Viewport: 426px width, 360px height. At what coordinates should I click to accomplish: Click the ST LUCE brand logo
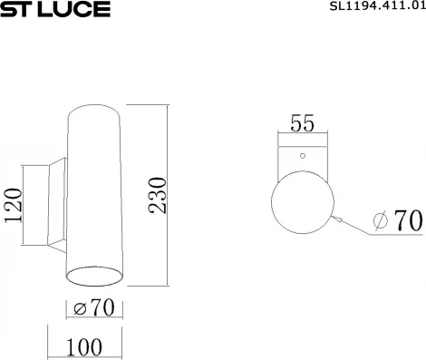click(x=55, y=10)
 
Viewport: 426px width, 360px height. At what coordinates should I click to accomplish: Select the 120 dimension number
click(x=14, y=206)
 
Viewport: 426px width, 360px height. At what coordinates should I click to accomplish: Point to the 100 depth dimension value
click(x=84, y=346)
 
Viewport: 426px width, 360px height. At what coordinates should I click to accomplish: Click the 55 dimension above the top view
click(x=302, y=124)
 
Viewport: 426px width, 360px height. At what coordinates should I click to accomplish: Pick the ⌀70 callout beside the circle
click(x=399, y=220)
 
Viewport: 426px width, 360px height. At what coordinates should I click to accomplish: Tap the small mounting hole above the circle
click(x=303, y=155)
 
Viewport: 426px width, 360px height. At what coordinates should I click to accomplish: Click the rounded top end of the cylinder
click(x=94, y=111)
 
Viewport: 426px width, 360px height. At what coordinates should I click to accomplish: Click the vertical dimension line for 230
click(x=168, y=192)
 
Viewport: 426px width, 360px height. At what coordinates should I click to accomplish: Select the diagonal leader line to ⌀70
click(x=353, y=228)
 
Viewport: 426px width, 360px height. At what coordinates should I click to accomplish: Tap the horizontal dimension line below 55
click(x=302, y=137)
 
